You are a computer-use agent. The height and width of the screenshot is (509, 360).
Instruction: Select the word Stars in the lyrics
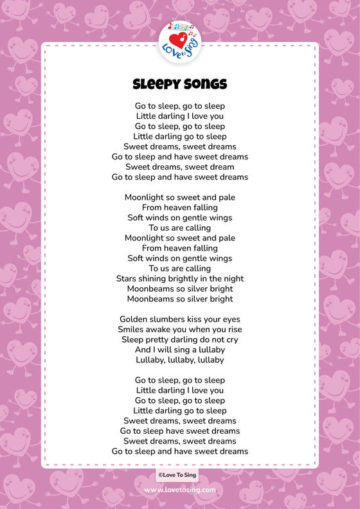[127, 279]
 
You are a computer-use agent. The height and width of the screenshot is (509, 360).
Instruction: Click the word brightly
[190, 279]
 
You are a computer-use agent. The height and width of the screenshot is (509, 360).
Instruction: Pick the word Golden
[135, 319]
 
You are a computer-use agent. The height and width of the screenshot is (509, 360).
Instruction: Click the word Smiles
[132, 330]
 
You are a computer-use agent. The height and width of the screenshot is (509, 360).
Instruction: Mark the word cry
[231, 340]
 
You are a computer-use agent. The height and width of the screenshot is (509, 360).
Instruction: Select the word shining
[156, 279]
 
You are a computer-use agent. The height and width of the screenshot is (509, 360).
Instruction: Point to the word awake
[165, 330]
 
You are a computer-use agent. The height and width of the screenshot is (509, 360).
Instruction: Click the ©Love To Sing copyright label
[177, 475]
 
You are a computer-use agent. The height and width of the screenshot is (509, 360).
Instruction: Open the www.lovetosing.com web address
[180, 490]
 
